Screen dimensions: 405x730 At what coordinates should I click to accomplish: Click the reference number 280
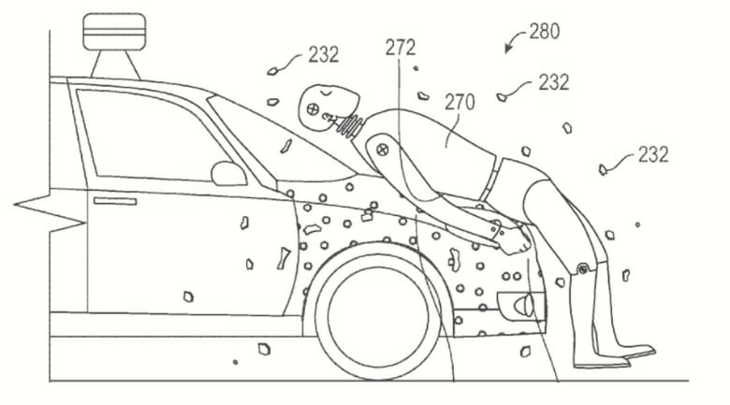tap(545, 32)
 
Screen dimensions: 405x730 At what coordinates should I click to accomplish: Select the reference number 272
tap(400, 47)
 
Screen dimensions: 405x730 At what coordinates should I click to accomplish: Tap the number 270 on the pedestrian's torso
tap(460, 103)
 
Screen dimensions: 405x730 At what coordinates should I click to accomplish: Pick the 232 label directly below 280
tap(553, 82)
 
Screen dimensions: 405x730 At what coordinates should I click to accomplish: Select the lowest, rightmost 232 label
tap(653, 154)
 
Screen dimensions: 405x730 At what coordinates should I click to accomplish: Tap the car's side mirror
tap(227, 174)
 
